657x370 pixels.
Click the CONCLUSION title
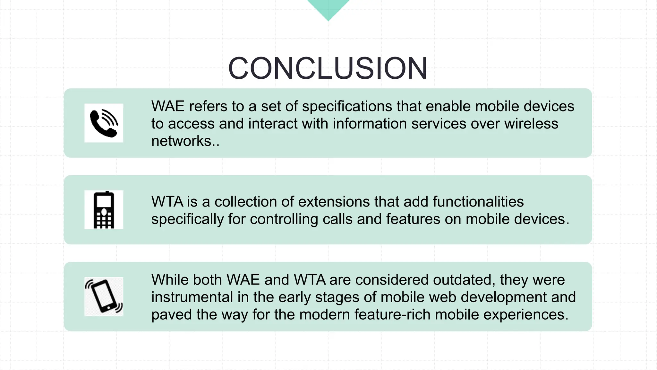(x=328, y=68)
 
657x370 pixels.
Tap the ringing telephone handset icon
(x=104, y=123)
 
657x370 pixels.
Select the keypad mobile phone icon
(x=104, y=210)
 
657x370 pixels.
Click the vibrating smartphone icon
(x=104, y=296)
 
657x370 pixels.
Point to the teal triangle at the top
(x=328, y=8)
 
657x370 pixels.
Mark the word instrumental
(x=192, y=297)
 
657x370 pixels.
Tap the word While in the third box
(x=170, y=280)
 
